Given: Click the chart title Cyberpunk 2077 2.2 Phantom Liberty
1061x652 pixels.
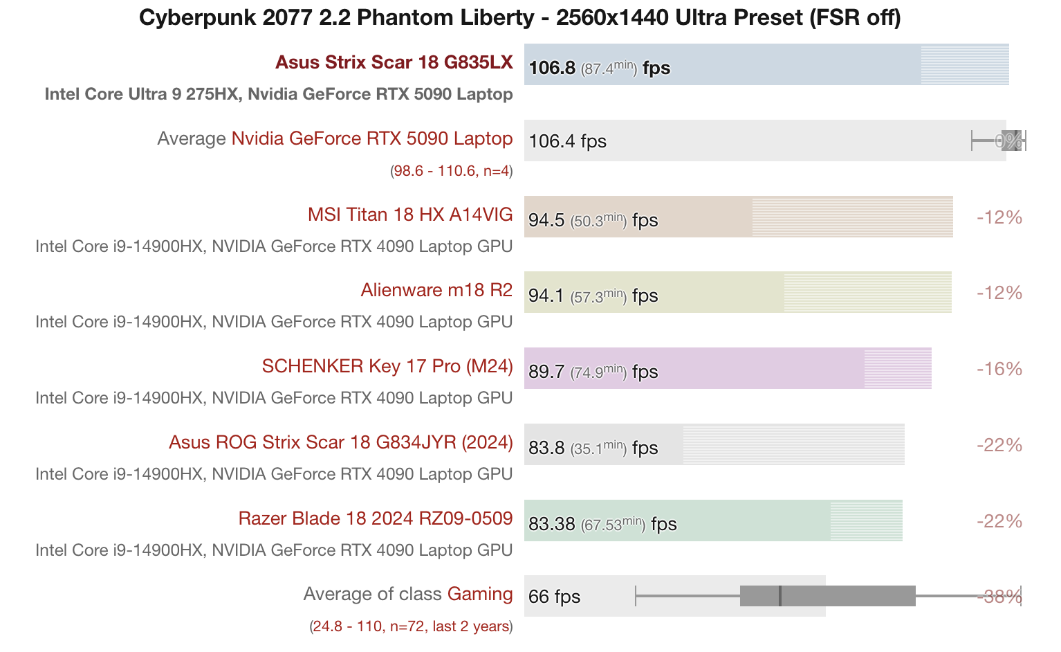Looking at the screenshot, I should [x=519, y=17].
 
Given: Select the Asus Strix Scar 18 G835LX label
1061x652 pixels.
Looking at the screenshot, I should [x=394, y=62].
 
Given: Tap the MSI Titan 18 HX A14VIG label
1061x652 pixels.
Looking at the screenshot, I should [x=410, y=215].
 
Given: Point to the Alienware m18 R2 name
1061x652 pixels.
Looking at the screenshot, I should [x=436, y=290].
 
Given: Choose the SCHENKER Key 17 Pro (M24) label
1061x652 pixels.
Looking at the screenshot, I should [x=387, y=366].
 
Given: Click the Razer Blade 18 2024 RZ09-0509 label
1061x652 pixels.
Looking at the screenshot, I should [x=376, y=518].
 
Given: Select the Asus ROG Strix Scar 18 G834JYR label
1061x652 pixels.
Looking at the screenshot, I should [x=341, y=442].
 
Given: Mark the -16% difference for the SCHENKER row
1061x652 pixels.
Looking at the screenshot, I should [x=999, y=369].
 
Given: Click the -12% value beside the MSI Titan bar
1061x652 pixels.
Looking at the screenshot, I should [x=999, y=217].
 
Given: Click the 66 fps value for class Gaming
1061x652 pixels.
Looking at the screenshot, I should [x=554, y=597].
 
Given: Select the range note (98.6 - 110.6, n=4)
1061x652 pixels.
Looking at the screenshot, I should [x=452, y=171].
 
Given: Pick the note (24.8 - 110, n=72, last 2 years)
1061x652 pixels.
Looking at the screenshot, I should [x=411, y=627].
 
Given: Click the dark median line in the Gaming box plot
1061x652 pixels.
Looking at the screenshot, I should [x=780, y=596].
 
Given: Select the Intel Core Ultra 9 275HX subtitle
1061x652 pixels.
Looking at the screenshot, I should [x=279, y=94].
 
